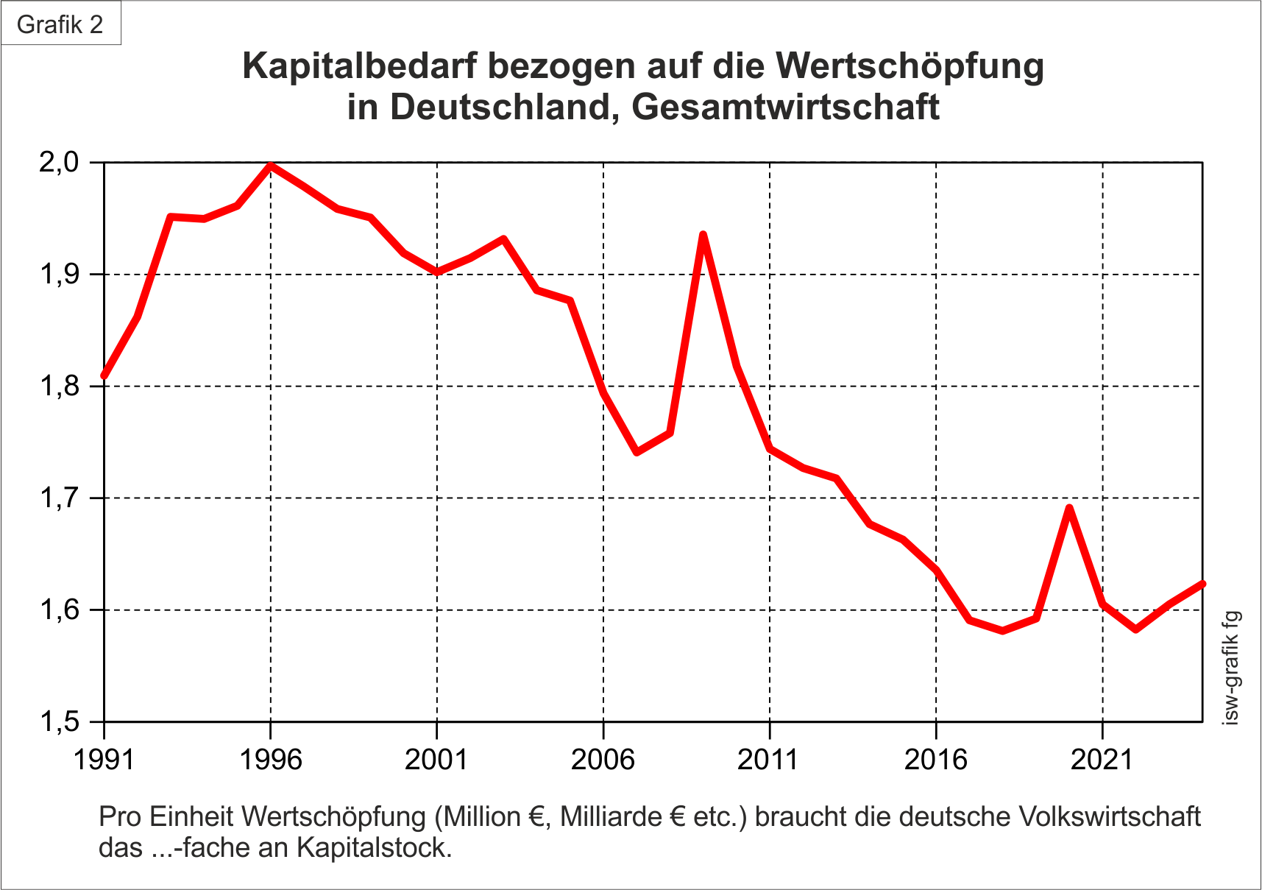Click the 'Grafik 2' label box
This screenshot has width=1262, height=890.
[60, 24]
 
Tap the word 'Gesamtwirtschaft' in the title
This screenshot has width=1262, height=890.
[785, 107]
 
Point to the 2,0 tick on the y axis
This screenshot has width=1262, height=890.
[59, 162]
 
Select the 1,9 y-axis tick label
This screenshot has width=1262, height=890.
[59, 275]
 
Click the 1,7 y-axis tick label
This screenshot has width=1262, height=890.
[59, 498]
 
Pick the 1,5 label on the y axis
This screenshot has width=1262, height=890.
[59, 721]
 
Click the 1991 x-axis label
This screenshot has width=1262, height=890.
[104, 759]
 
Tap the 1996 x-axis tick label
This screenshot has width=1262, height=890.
[271, 759]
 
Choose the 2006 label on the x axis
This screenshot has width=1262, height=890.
[603, 759]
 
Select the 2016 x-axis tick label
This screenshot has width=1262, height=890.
[935, 759]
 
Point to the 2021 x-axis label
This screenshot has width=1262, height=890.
[1102, 759]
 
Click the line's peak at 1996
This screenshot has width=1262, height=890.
[271, 166]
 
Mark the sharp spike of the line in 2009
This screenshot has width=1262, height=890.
[703, 235]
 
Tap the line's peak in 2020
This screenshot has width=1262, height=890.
[1069, 508]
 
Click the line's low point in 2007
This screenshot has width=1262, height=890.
[637, 452]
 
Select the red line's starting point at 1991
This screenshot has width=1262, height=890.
[104, 375]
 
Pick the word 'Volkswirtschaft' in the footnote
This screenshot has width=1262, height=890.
[1110, 816]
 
